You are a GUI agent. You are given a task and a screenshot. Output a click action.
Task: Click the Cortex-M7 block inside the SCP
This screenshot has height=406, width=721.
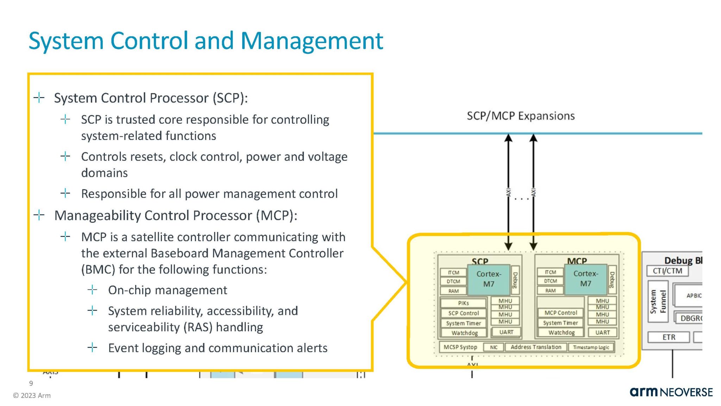pyautogui.click(x=489, y=279)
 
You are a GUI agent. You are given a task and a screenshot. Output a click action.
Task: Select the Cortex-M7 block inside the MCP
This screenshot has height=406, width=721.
pyautogui.click(x=585, y=279)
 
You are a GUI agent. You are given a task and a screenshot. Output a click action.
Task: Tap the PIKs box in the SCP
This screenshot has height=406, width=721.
pyautogui.click(x=463, y=303)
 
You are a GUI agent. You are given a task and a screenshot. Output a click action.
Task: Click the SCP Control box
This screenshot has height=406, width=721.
pyautogui.click(x=463, y=313)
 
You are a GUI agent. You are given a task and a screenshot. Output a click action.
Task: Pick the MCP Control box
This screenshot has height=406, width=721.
pyautogui.click(x=560, y=313)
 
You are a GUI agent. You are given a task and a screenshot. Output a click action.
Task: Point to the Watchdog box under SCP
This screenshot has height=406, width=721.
pyautogui.click(x=464, y=333)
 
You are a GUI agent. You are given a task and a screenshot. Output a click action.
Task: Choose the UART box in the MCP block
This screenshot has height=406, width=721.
pyautogui.click(x=602, y=332)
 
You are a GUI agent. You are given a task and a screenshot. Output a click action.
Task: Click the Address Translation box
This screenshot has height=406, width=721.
pyautogui.click(x=536, y=347)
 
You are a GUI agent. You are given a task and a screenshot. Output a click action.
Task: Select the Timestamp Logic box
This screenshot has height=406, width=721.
pyautogui.click(x=591, y=347)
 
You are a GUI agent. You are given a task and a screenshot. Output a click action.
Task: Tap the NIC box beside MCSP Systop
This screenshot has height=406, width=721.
pyautogui.click(x=494, y=347)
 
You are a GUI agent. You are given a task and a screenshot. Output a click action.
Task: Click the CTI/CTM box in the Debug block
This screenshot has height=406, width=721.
pyautogui.click(x=667, y=271)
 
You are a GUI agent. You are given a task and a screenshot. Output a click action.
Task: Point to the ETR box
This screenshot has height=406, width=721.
pyautogui.click(x=669, y=337)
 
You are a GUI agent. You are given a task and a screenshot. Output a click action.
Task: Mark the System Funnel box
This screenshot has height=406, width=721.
pyautogui.click(x=658, y=302)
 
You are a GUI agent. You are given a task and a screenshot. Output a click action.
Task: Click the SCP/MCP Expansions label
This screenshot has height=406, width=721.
pyautogui.click(x=520, y=116)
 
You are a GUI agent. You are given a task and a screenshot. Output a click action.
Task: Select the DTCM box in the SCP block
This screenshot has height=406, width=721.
pyautogui.click(x=453, y=281)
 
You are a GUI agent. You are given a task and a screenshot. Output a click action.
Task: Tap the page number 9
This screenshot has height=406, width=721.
pyautogui.click(x=31, y=383)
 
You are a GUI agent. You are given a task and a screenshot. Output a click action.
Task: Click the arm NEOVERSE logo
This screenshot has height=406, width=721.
pyautogui.click(x=671, y=392)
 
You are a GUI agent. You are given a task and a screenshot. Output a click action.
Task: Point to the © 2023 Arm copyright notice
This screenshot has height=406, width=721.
pyautogui.click(x=32, y=395)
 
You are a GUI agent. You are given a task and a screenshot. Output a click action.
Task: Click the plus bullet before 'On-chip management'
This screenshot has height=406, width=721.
pyautogui.click(x=92, y=290)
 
